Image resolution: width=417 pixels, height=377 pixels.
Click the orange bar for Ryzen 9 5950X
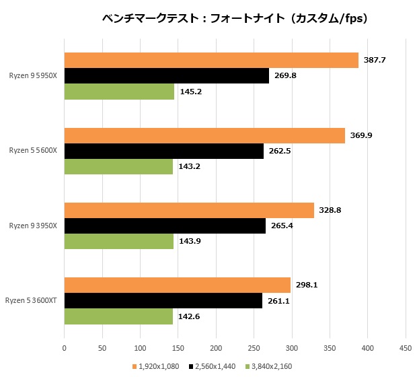pos(211,61)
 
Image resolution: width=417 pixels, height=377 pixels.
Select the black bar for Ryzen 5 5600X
pos(164,151)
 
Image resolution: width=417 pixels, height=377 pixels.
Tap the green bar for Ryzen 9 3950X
pos(118,241)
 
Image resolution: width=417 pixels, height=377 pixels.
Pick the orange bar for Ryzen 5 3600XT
pos(177,285)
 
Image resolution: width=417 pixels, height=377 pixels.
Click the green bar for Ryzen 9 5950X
pos(119,91)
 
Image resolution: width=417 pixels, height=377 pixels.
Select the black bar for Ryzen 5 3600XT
pos(163,300)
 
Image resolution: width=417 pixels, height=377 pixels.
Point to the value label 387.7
pos(375,61)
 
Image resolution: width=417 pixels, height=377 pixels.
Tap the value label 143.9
pos(190,241)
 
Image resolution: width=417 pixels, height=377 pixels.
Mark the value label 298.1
pos(307,285)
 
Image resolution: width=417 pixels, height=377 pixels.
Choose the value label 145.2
pos(190,91)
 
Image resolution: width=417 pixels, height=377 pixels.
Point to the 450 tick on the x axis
pos(405,348)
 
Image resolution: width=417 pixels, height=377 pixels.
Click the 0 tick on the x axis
pos(64,348)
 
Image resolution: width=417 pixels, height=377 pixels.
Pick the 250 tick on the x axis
pos(254,348)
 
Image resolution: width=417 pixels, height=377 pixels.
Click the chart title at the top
pos(235,19)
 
